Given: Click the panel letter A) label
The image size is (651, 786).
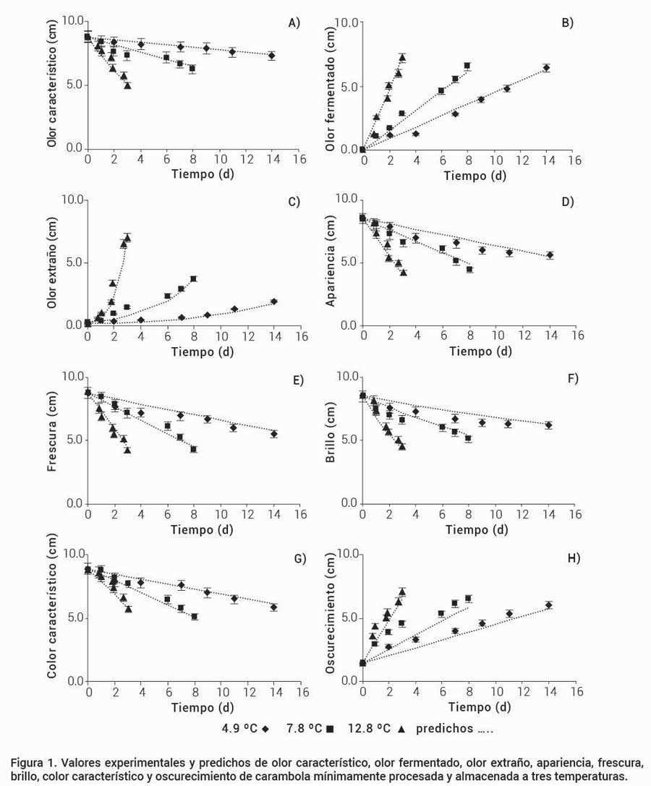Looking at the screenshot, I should [293, 23].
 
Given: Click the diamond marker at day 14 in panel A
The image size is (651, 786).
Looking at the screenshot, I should [271, 56].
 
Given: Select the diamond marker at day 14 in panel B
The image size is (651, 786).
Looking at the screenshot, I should [546, 68].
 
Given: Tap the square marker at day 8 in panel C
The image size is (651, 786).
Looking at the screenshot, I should [193, 279].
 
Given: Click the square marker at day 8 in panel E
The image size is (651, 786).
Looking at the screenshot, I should [193, 449].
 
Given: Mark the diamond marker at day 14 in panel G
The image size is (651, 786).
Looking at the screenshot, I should [273, 607].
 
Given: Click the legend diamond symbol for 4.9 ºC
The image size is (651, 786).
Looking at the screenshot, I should [265, 729].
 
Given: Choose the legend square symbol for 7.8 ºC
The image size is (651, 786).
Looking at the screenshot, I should [328, 729].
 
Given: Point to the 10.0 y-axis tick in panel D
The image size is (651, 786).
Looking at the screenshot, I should [346, 199].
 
